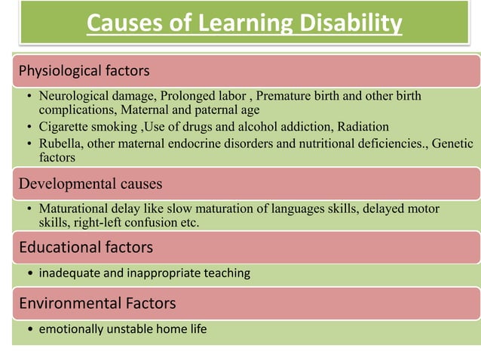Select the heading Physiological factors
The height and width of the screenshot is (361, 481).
coord(84,72)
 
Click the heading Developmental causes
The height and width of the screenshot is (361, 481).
coord(90,184)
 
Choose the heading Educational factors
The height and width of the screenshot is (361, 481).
coord(86,247)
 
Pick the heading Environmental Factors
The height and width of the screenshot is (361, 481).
coord(97,304)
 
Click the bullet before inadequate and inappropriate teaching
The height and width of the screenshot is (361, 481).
coord(29,273)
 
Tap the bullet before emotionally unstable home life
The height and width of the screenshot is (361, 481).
coord(29,330)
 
